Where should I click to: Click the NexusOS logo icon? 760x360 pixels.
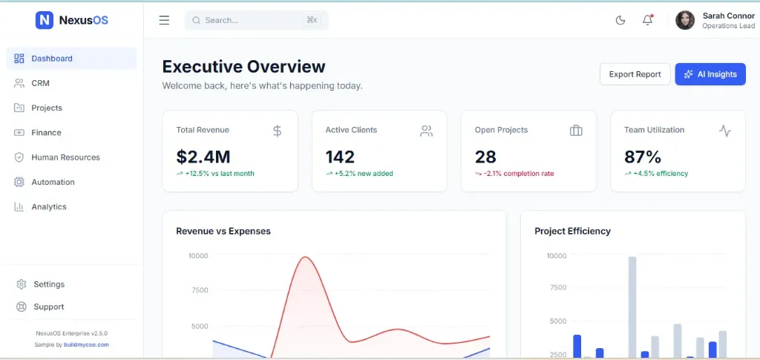click(x=45, y=20)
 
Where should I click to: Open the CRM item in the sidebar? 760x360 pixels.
click(x=40, y=83)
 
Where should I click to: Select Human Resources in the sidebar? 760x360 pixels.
click(x=65, y=157)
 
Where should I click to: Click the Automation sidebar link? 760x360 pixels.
click(x=53, y=182)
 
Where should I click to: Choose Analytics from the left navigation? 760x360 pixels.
click(x=48, y=207)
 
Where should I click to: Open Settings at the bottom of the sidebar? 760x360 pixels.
click(x=49, y=284)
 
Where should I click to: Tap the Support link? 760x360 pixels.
click(x=49, y=307)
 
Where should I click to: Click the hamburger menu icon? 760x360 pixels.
click(x=164, y=20)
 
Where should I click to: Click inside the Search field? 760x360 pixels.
click(x=252, y=20)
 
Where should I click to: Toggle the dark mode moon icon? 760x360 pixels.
click(x=620, y=20)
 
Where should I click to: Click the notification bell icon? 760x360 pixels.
click(x=647, y=20)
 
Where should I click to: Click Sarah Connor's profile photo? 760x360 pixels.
click(x=685, y=20)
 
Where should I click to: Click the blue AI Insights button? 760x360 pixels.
click(x=710, y=74)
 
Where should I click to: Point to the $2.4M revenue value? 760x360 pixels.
click(x=203, y=157)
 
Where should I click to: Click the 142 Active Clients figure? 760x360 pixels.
click(x=340, y=157)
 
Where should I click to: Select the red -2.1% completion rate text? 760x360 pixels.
click(x=519, y=174)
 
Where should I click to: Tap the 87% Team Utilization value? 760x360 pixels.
click(x=642, y=157)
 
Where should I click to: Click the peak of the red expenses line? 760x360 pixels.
click(x=304, y=258)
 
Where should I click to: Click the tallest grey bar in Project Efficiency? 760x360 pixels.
click(x=632, y=304)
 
